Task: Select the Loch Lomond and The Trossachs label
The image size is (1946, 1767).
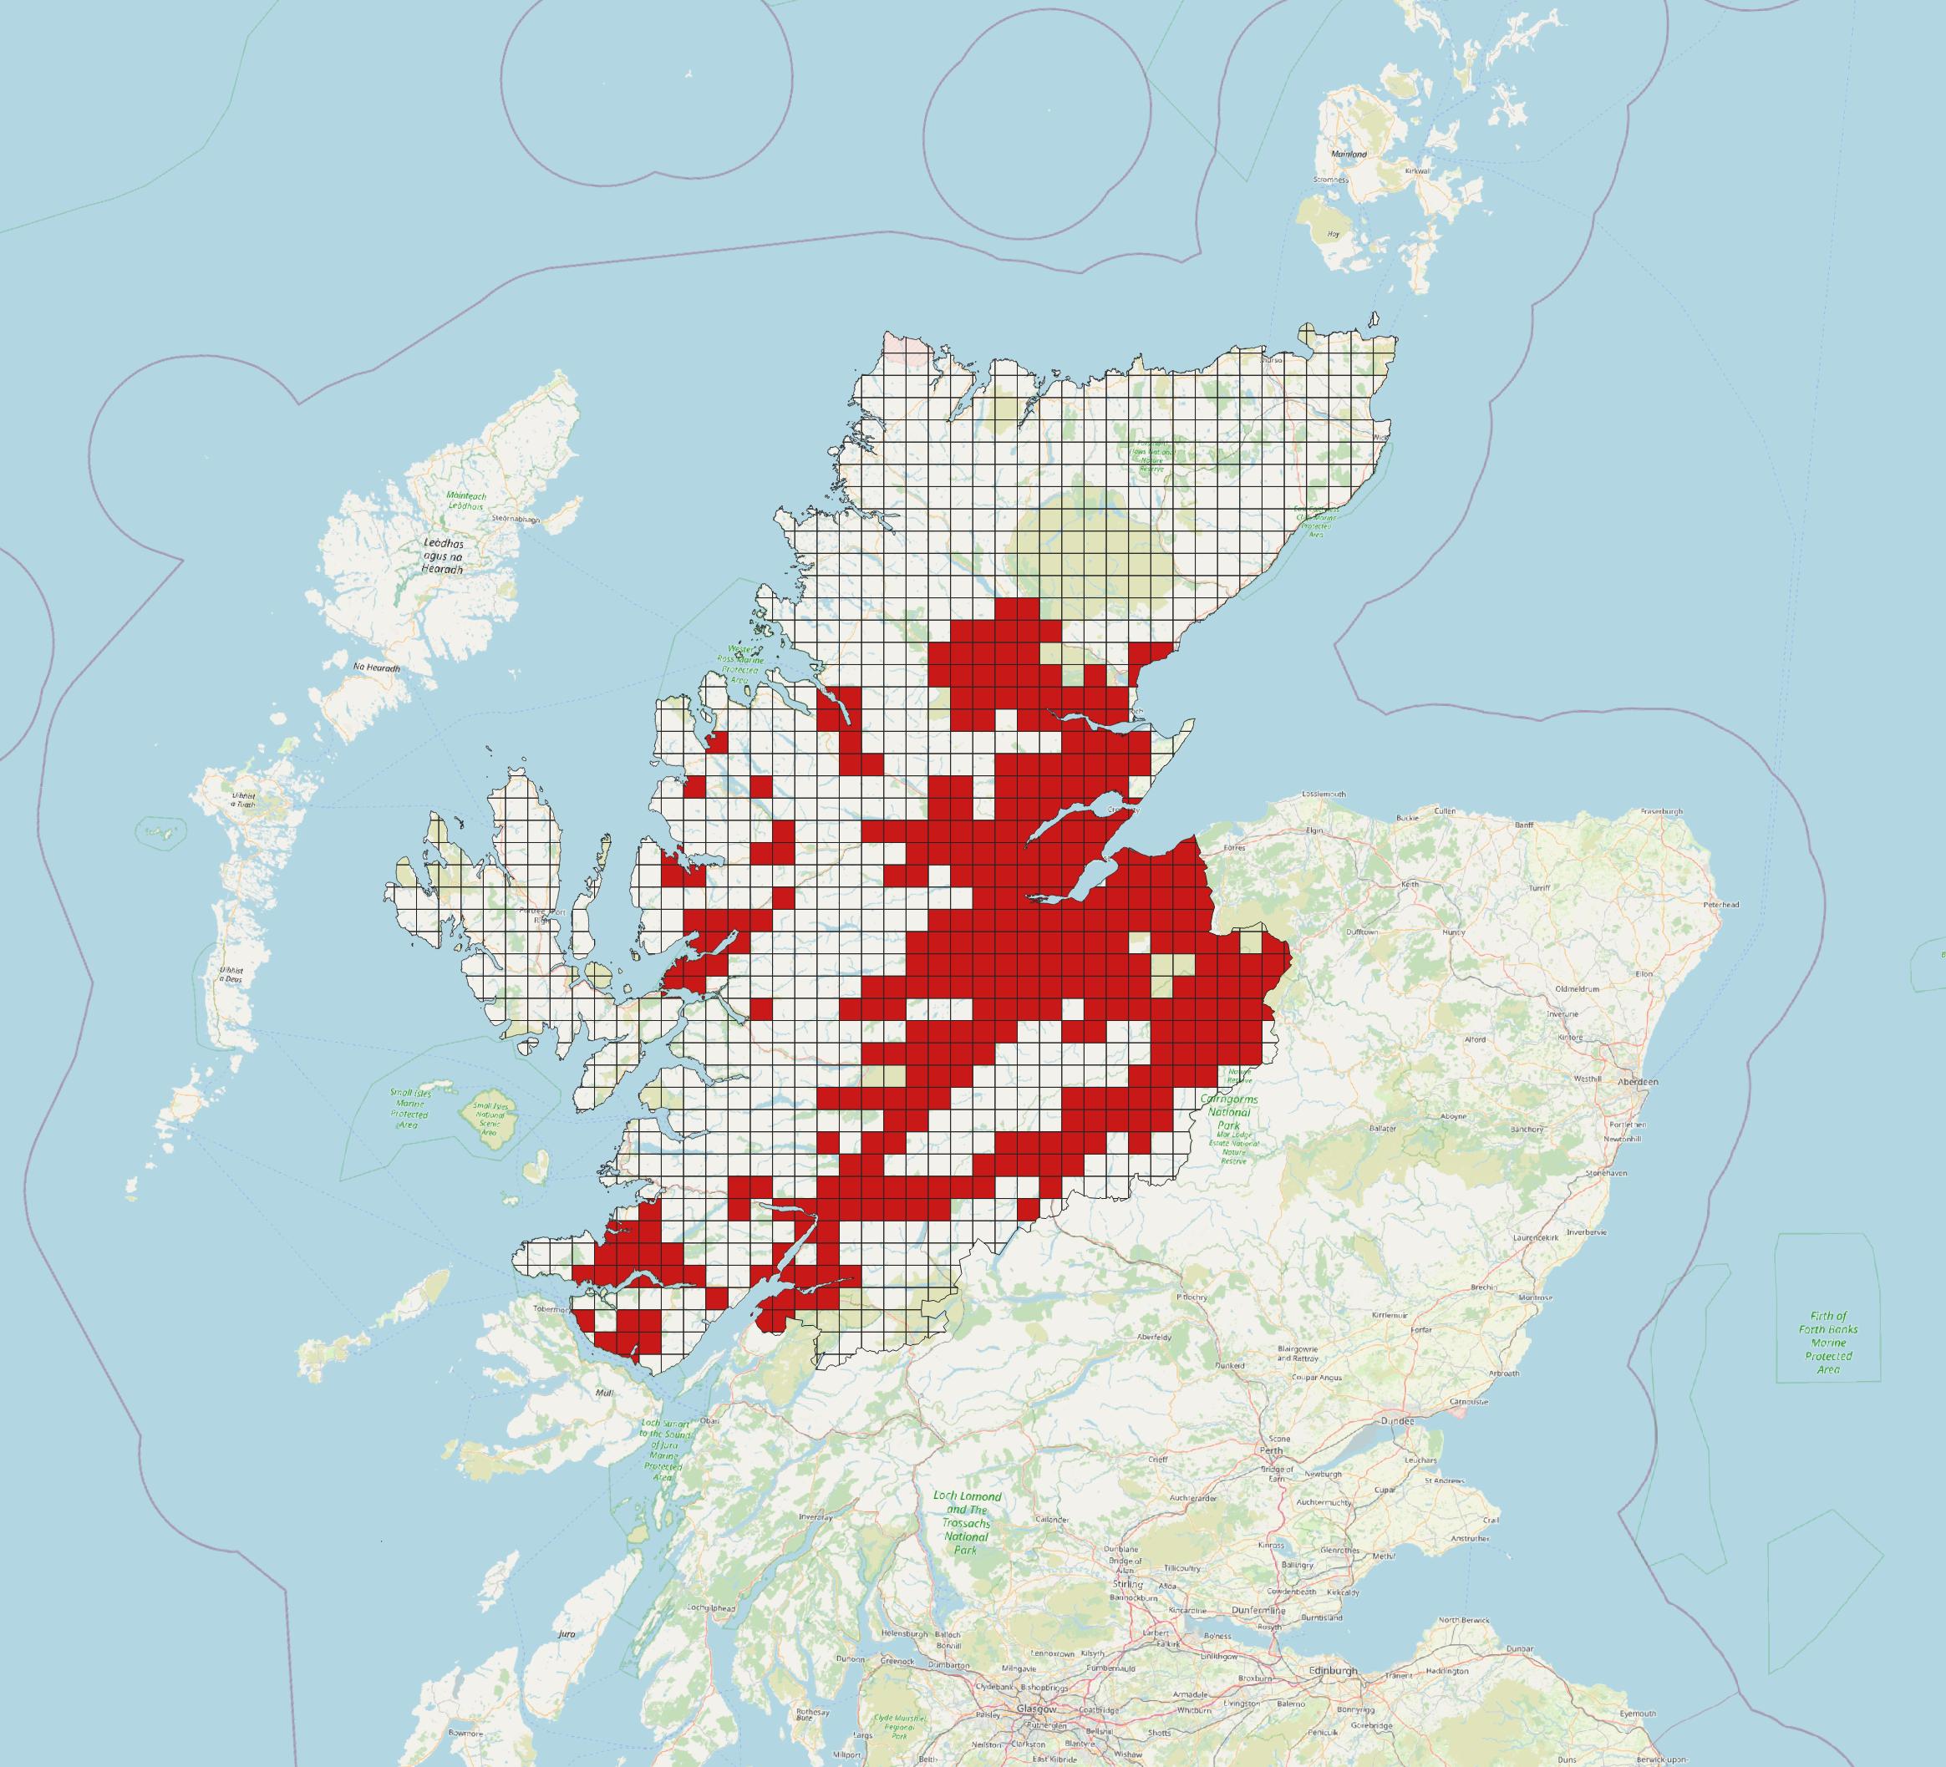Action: pos(968,1523)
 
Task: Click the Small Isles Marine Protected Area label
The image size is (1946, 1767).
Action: pos(409,1109)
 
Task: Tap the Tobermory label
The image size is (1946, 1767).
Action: pos(552,1309)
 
